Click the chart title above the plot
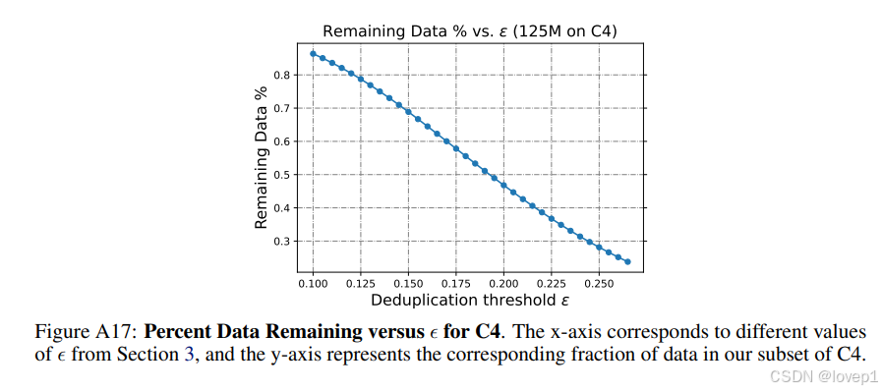470,30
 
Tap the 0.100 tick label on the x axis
313,283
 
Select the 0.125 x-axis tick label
361,283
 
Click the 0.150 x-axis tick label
408,283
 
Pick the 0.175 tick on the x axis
455,283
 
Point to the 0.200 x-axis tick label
503,283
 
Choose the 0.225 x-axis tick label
551,283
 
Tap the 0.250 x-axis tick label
599,283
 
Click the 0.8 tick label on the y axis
281,75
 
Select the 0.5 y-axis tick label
281,175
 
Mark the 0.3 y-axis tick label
281,241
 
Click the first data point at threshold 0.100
313,53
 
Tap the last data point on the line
627,261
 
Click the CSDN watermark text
825,376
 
